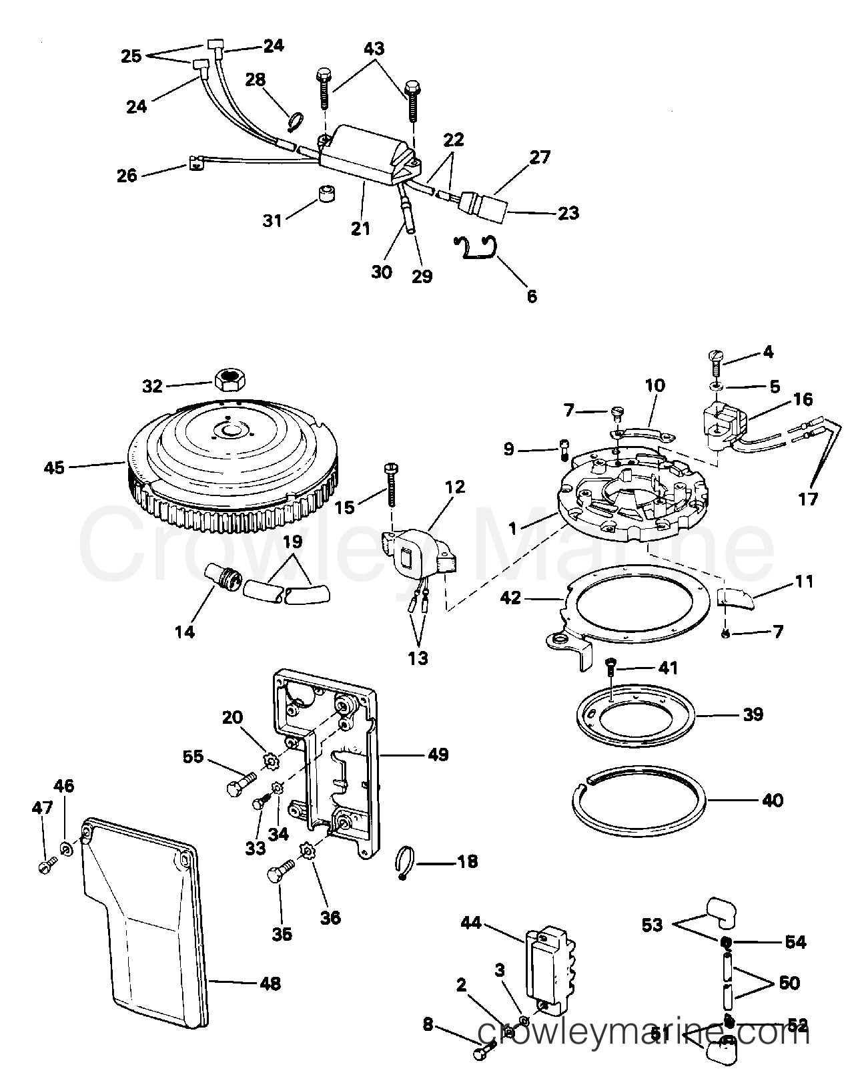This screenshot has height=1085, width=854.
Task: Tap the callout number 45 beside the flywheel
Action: click(x=55, y=467)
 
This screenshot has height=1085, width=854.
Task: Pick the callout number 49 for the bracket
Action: click(x=438, y=754)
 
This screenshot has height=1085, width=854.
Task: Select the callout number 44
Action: click(x=472, y=923)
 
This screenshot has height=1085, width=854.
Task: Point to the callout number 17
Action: click(x=808, y=499)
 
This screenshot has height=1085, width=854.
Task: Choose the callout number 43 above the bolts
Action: click(x=374, y=49)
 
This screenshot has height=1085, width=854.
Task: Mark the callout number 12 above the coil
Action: click(x=455, y=487)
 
